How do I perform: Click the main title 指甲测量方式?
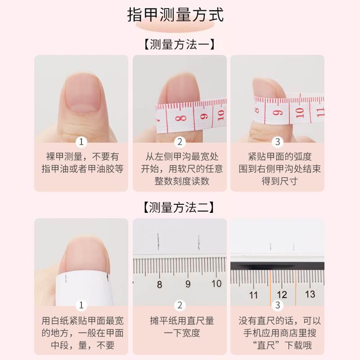(175, 15)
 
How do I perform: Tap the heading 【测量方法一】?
(179, 44)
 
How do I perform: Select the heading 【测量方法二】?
(179, 207)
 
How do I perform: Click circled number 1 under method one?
(81, 142)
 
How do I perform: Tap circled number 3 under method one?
(277, 142)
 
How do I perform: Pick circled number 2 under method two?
(180, 305)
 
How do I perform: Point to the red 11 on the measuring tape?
(320, 112)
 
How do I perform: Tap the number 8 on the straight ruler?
(160, 284)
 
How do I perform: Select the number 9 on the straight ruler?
(188, 284)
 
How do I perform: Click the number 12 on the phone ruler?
(282, 295)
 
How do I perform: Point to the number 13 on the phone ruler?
(310, 294)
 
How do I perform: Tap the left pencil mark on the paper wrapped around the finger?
(66, 278)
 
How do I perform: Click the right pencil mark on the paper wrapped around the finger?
(108, 278)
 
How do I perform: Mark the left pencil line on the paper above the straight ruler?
(158, 242)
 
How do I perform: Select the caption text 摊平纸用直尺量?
(182, 320)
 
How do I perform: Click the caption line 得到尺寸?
(279, 181)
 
